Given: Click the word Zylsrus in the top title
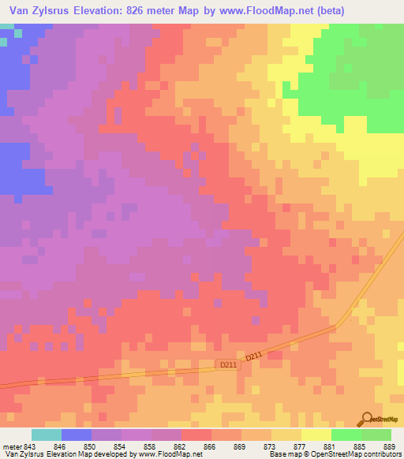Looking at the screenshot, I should (x=56, y=11).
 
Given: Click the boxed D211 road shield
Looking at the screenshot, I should (x=226, y=364).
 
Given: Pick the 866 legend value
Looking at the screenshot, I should (x=210, y=446).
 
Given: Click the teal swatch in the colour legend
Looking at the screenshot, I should (x=47, y=435).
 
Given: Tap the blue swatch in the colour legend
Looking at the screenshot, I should (x=77, y=435).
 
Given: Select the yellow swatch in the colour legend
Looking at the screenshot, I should (x=316, y=435).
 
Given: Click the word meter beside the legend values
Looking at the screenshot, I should (x=13, y=446).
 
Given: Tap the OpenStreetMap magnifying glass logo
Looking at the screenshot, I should (x=365, y=418).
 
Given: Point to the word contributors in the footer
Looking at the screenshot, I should (x=385, y=454).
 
